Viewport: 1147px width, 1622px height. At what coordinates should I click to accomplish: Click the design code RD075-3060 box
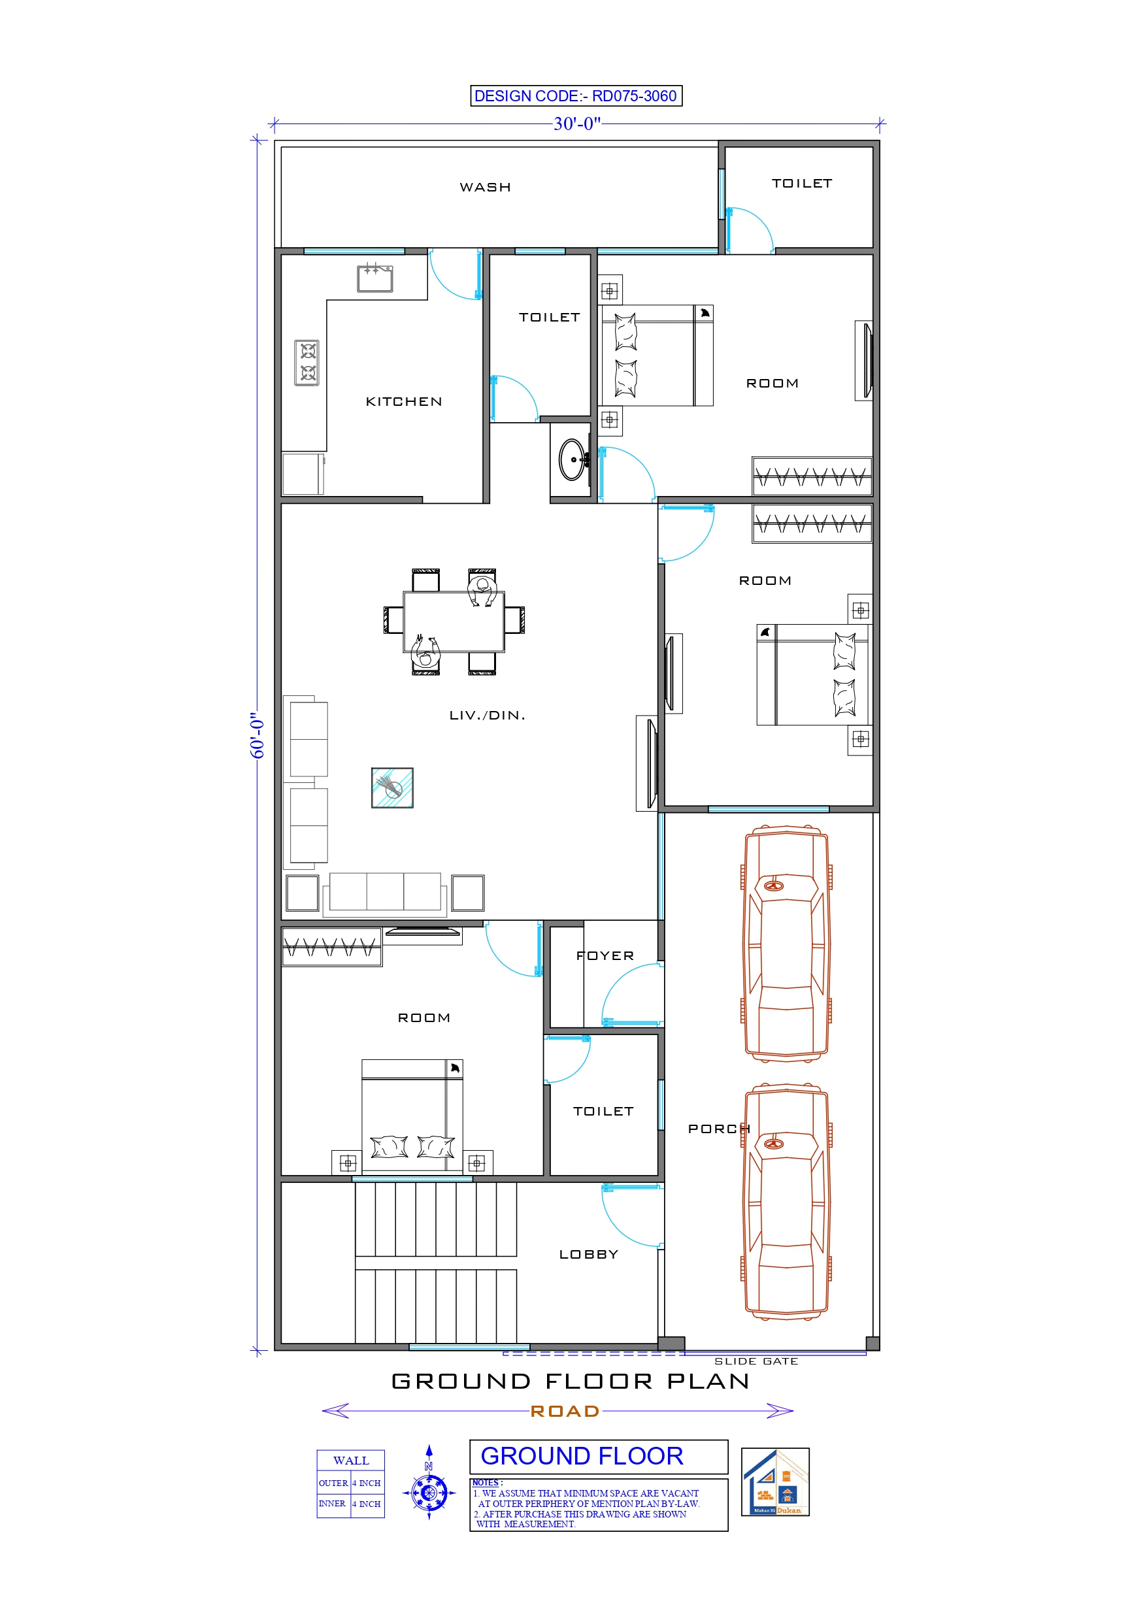click(x=575, y=95)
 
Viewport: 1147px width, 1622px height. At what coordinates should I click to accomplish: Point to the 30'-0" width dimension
click(x=576, y=124)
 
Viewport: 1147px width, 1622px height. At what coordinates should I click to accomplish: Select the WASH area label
click(x=485, y=187)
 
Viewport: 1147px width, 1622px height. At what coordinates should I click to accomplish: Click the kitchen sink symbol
click(x=374, y=278)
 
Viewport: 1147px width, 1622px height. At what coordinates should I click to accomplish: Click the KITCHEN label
click(x=403, y=401)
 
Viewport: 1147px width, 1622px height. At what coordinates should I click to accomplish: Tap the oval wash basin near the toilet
click(x=572, y=459)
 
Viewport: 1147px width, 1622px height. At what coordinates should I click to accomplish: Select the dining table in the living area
click(x=454, y=621)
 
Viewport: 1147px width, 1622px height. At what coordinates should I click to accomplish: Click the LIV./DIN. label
click(x=487, y=715)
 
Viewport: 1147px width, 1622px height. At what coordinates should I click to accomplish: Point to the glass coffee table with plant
click(x=392, y=787)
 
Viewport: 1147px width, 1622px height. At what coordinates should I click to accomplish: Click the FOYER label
click(x=605, y=956)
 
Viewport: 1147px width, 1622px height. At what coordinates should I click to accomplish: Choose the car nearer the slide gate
click(x=786, y=1201)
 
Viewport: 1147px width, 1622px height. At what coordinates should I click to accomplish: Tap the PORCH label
click(x=719, y=1129)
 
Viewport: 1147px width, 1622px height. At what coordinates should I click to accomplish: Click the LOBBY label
click(x=588, y=1254)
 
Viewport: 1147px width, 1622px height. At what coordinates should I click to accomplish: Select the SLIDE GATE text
click(x=756, y=1361)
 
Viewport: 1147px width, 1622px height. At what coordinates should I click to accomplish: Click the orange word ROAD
click(x=565, y=1411)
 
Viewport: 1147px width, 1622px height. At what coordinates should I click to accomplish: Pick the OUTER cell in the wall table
click(x=333, y=1483)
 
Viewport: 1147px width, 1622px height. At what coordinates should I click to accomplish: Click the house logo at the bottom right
click(x=774, y=1481)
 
